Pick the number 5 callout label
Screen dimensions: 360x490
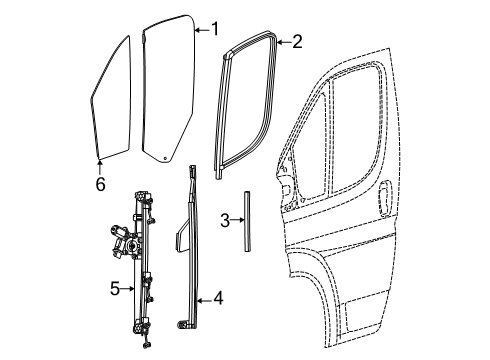115,289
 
